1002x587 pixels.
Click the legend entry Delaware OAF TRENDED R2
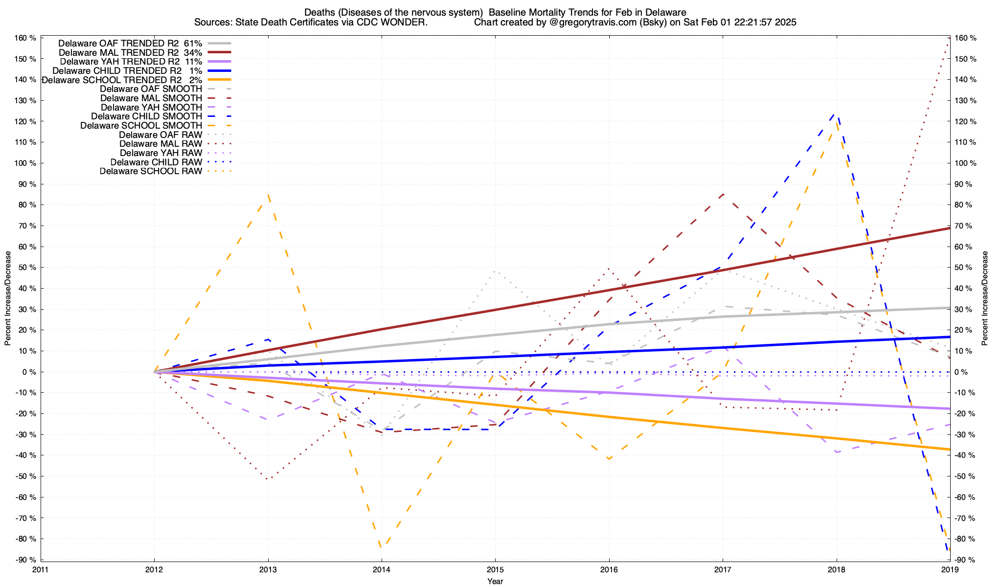pos(118,43)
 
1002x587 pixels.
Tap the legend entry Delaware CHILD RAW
pos(156,162)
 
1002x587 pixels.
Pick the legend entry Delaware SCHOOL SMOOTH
pos(141,126)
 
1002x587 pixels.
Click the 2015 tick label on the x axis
pos(495,569)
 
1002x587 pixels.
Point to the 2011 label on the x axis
pos(41,569)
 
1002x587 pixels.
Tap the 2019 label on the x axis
pos(950,569)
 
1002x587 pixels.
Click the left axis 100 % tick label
pos(26,163)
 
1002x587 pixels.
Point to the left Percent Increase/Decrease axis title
pos(8,298)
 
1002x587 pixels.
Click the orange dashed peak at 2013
pos(268,195)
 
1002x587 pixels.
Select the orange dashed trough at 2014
pos(382,548)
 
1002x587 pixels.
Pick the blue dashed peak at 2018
pos(836,113)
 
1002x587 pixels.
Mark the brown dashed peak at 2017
pos(723,194)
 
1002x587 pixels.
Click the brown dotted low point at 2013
pos(267,479)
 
